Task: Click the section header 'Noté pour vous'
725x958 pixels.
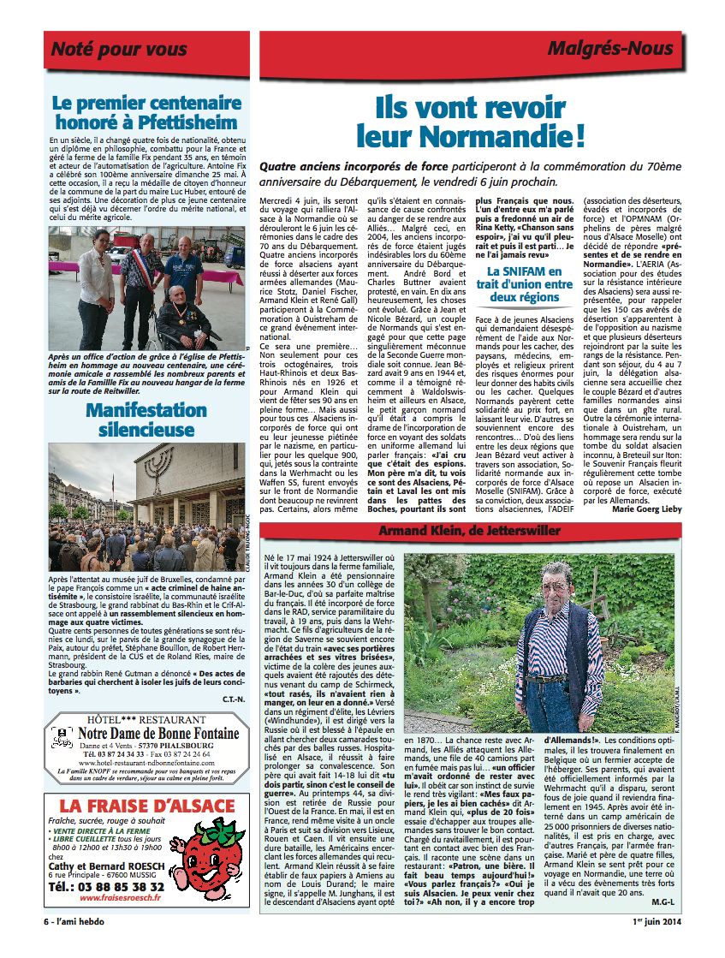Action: point(119,50)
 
